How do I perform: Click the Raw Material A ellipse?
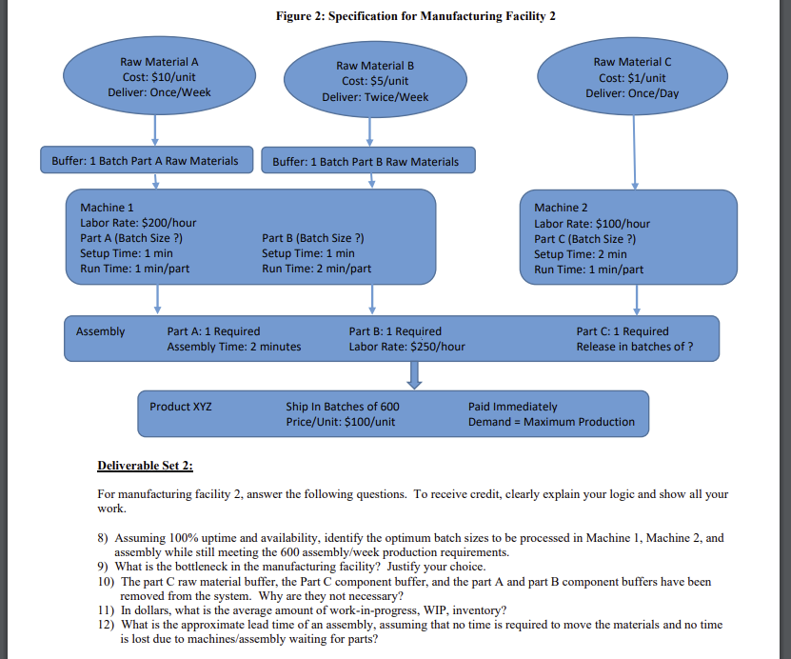[x=153, y=77]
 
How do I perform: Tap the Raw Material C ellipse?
[x=632, y=77]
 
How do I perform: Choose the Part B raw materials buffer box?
[x=366, y=162]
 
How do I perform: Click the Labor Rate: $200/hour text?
[x=138, y=223]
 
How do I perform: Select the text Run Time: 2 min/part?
[x=316, y=269]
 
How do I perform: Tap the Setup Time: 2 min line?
[x=581, y=254]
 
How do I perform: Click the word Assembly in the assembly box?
[x=100, y=331]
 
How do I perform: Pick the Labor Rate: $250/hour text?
[x=406, y=347]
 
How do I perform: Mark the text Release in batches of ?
[x=634, y=347]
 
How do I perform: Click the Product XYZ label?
[x=181, y=407]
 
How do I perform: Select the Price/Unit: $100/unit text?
[x=340, y=422]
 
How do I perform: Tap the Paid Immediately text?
[x=513, y=407]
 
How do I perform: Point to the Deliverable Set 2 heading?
[x=146, y=466]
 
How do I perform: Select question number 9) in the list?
[x=106, y=567]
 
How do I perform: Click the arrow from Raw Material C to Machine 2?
[x=635, y=152]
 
